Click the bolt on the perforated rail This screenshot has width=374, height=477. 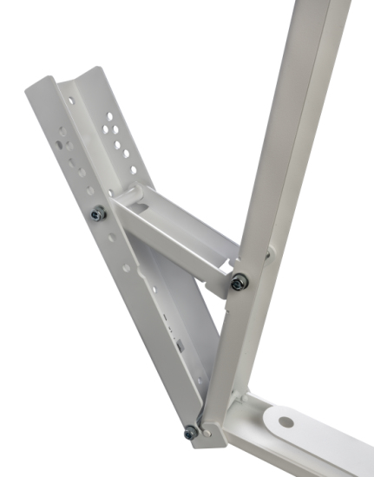(x=98, y=212)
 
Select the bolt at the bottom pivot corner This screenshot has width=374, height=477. (x=190, y=432)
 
